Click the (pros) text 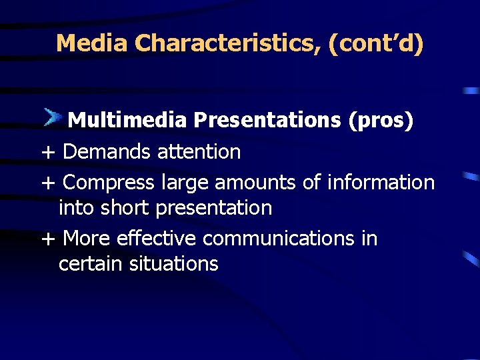(x=381, y=120)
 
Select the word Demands (x=107, y=152)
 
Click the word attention (x=199, y=152)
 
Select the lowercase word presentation (x=213, y=209)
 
